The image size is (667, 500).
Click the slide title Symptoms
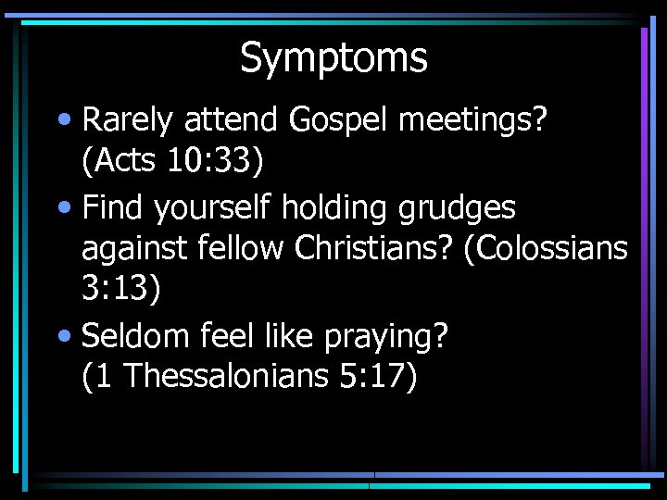click(x=333, y=58)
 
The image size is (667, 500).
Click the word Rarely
click(x=129, y=120)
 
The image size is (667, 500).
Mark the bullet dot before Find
click(x=68, y=208)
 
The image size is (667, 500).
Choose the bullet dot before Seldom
click(x=68, y=336)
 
